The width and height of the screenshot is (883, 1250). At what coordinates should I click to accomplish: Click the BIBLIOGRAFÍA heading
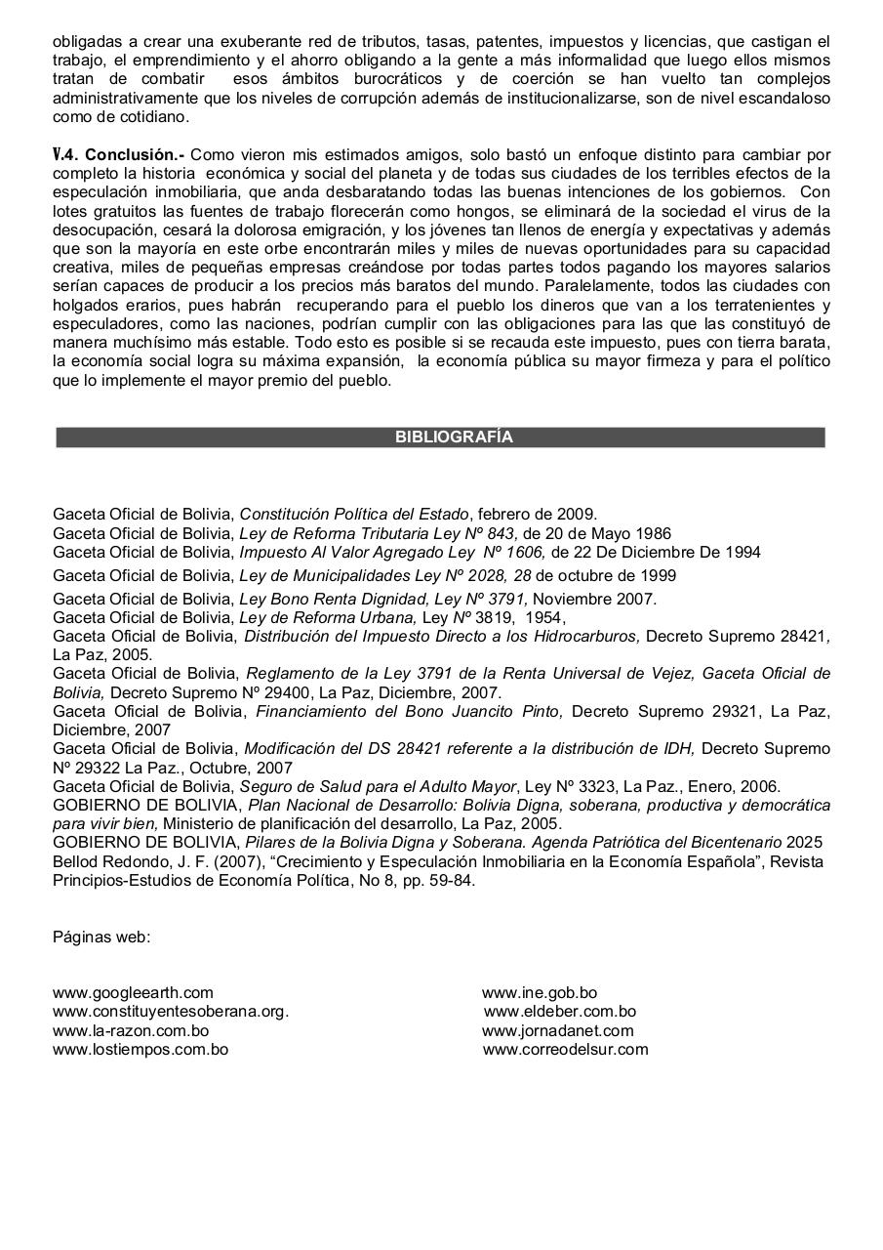coord(453,437)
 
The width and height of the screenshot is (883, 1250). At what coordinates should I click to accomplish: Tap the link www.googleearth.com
coord(133,993)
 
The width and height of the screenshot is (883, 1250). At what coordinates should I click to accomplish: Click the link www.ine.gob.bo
coord(540,993)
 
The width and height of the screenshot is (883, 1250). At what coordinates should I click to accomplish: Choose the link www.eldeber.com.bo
coord(559,1012)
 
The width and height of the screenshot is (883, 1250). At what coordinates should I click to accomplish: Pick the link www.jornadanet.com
coord(558,1031)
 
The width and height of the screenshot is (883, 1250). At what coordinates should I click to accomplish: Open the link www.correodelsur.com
coord(565,1050)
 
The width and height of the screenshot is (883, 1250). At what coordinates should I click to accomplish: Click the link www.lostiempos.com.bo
coord(140,1050)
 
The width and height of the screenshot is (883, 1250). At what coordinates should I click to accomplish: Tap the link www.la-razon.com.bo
coord(131,1031)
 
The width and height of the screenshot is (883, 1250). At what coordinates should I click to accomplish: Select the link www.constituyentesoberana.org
coord(170,1012)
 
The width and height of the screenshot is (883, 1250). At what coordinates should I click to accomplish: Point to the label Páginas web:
coord(101,937)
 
